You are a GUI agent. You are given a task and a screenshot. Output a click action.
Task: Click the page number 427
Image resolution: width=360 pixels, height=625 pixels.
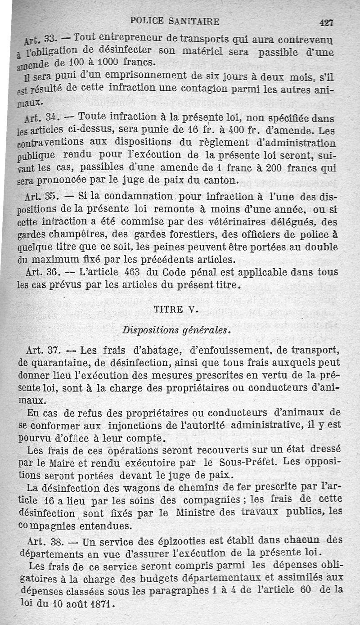(x=326, y=22)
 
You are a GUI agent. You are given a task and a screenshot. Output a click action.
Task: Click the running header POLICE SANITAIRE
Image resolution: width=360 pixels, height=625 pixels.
(x=175, y=21)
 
